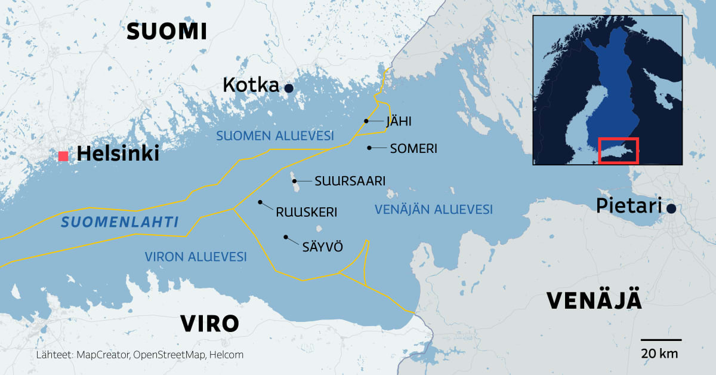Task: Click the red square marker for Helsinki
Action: click(63, 156)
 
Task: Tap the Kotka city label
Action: click(251, 85)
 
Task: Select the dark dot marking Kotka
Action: click(289, 88)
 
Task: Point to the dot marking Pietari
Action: click(671, 208)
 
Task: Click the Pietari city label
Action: click(629, 207)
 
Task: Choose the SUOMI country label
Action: click(167, 32)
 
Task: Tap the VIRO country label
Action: click(209, 324)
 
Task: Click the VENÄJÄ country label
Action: click(594, 301)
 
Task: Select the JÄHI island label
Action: click(399, 122)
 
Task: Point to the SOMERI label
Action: click(414, 148)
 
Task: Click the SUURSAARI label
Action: click(350, 180)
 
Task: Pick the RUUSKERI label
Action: click(306, 212)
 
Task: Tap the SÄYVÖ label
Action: click(323, 246)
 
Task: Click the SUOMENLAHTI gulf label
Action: click(121, 223)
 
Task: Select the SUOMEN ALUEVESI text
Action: click(274, 136)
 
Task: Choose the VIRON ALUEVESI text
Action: click(196, 257)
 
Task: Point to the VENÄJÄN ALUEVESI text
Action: click(433, 210)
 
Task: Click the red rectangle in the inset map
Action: click(618, 150)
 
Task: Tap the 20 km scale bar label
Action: click(660, 353)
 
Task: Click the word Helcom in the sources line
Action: click(227, 355)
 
